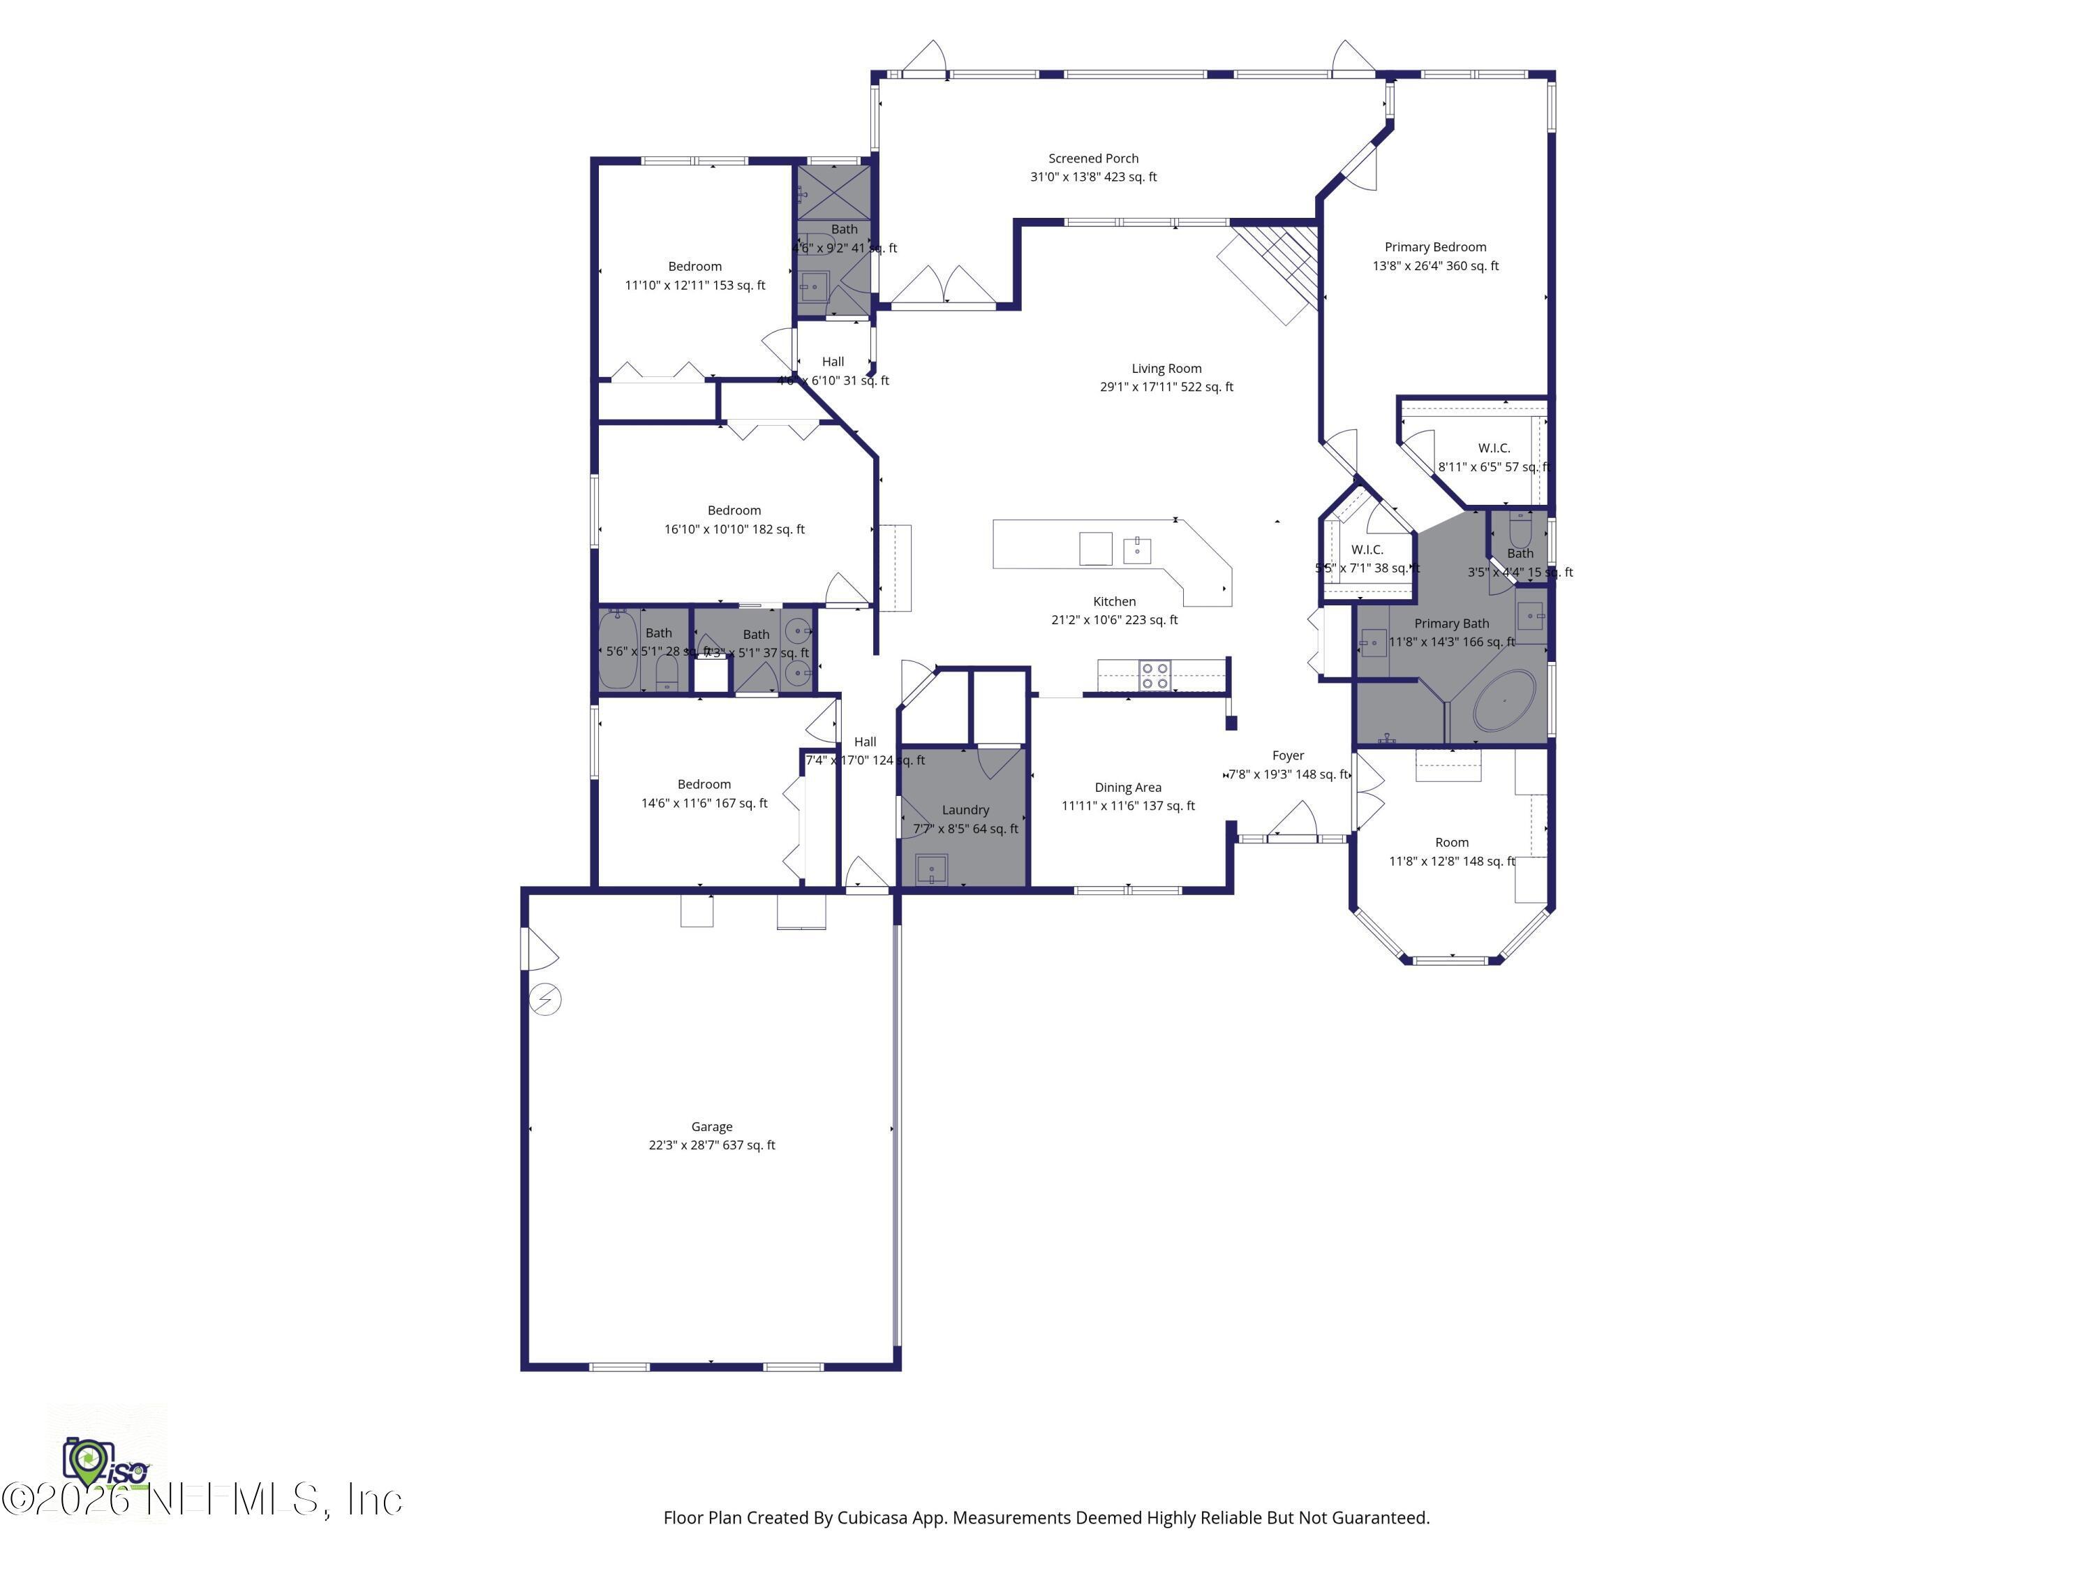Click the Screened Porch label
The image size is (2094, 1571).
[1092, 158]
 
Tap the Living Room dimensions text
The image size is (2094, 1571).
[1166, 386]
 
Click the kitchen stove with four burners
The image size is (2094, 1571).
[1154, 675]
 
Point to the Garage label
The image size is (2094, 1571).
[711, 1126]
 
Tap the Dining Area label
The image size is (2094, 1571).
[1127, 787]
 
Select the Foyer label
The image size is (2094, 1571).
[1287, 755]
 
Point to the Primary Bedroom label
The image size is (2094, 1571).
[1435, 246]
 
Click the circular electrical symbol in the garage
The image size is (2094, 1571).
[545, 999]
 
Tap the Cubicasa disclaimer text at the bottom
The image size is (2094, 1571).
[1046, 1517]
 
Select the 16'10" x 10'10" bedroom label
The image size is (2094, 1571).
[734, 519]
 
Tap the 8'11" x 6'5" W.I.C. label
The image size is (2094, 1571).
[1493, 457]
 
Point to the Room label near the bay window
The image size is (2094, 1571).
[1451, 842]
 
